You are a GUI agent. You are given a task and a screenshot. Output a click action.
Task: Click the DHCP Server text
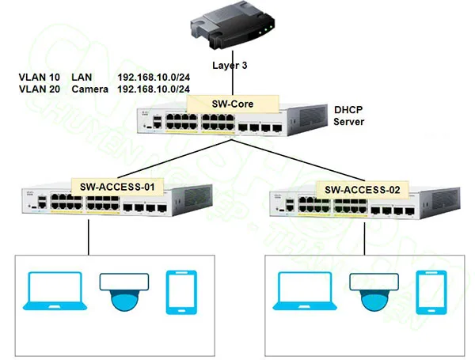[348, 116]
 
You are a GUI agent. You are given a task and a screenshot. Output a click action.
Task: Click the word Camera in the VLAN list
[89, 89]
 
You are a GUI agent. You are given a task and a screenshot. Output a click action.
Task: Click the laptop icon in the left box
[53, 291]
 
